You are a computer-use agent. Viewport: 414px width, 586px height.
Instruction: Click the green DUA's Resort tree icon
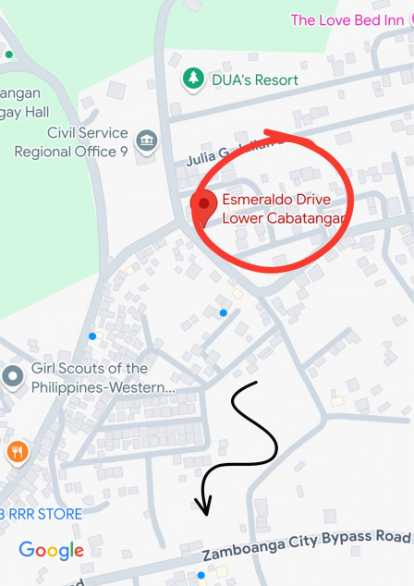(193, 79)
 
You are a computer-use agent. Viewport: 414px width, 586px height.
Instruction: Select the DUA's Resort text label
(255, 80)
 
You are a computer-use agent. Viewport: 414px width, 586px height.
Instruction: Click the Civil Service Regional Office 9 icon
(146, 141)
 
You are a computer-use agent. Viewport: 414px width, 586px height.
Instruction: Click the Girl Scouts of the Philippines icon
(13, 377)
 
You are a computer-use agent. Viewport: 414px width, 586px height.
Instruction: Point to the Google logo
(52, 551)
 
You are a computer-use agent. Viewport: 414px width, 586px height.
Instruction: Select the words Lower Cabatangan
(285, 218)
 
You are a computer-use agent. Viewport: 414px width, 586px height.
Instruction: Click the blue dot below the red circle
(223, 312)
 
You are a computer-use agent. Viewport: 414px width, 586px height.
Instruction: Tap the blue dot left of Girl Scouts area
(91, 336)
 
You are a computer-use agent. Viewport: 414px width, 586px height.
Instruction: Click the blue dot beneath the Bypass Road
(201, 575)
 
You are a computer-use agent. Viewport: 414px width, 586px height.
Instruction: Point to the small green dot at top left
(8, 55)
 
